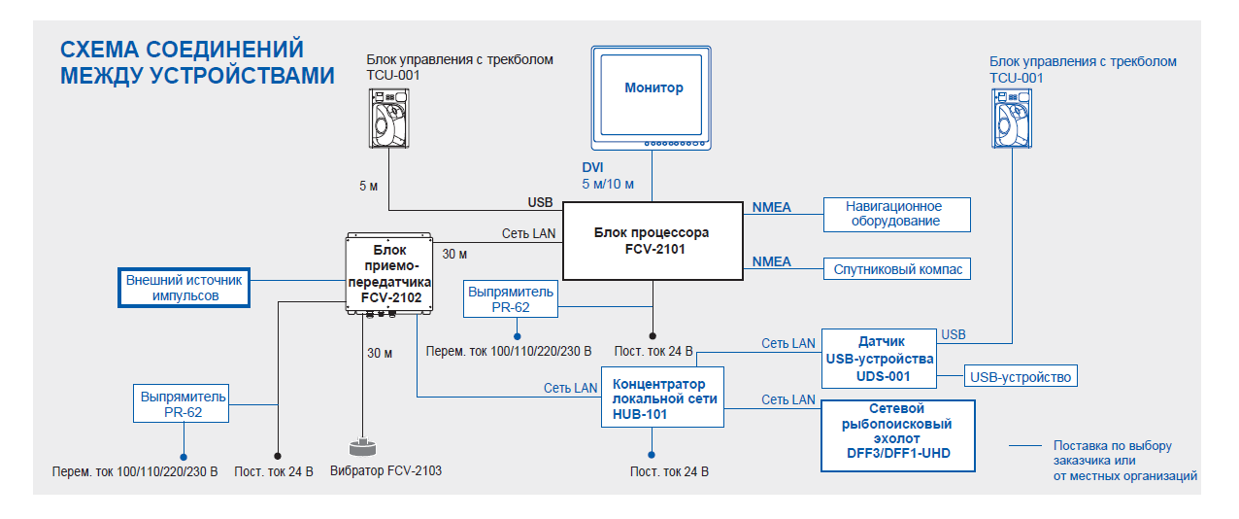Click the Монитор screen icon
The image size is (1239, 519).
click(651, 98)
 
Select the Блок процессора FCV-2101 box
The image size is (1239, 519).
click(653, 241)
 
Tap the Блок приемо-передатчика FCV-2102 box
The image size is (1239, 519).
click(389, 274)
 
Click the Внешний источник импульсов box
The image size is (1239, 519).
click(184, 288)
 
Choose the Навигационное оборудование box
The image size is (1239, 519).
click(896, 215)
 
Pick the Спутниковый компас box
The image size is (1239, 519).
click(896, 268)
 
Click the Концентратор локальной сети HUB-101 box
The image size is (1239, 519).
click(662, 397)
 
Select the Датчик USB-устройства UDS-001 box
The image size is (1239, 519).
click(879, 359)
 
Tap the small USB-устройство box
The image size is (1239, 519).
click(1021, 376)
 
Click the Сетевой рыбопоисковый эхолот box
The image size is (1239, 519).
click(898, 436)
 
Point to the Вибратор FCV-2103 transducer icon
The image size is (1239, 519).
click(363, 447)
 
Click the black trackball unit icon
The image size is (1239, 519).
click(388, 118)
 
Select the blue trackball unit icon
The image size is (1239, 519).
click(1012, 119)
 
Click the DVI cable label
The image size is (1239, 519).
click(592, 167)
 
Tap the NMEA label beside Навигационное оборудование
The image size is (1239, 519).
click(771, 207)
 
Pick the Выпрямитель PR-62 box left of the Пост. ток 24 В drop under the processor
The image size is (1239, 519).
click(511, 299)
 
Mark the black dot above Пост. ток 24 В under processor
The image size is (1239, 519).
click(653, 335)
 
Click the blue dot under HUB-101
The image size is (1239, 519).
click(652, 455)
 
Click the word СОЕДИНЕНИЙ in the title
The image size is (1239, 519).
click(224, 50)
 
